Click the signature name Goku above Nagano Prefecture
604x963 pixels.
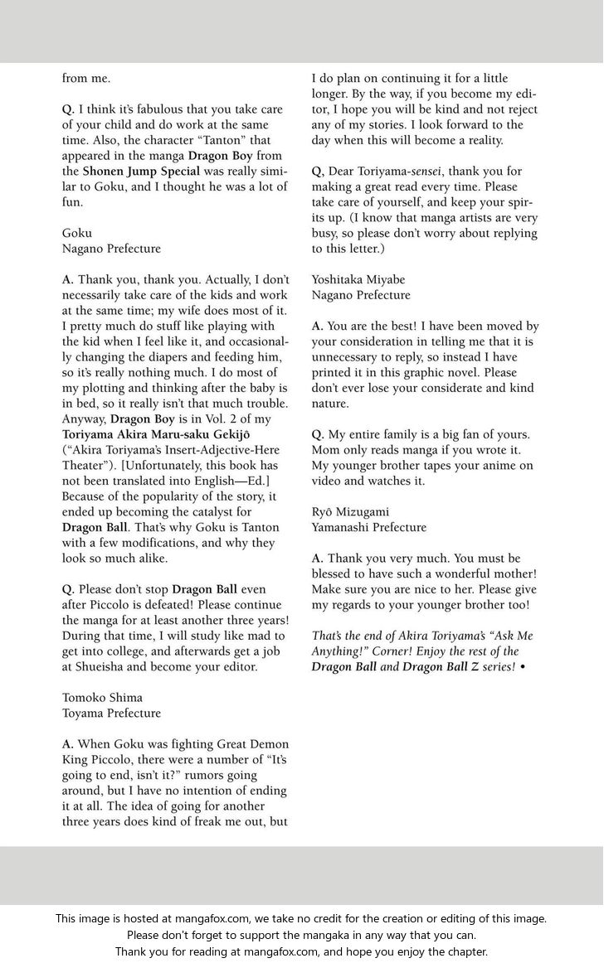[77, 233]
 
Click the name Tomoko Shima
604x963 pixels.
[102, 697]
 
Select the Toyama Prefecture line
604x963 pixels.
[112, 713]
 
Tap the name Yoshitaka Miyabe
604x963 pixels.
[359, 279]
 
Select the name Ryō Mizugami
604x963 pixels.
[350, 511]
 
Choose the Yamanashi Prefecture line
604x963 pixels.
[369, 527]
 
